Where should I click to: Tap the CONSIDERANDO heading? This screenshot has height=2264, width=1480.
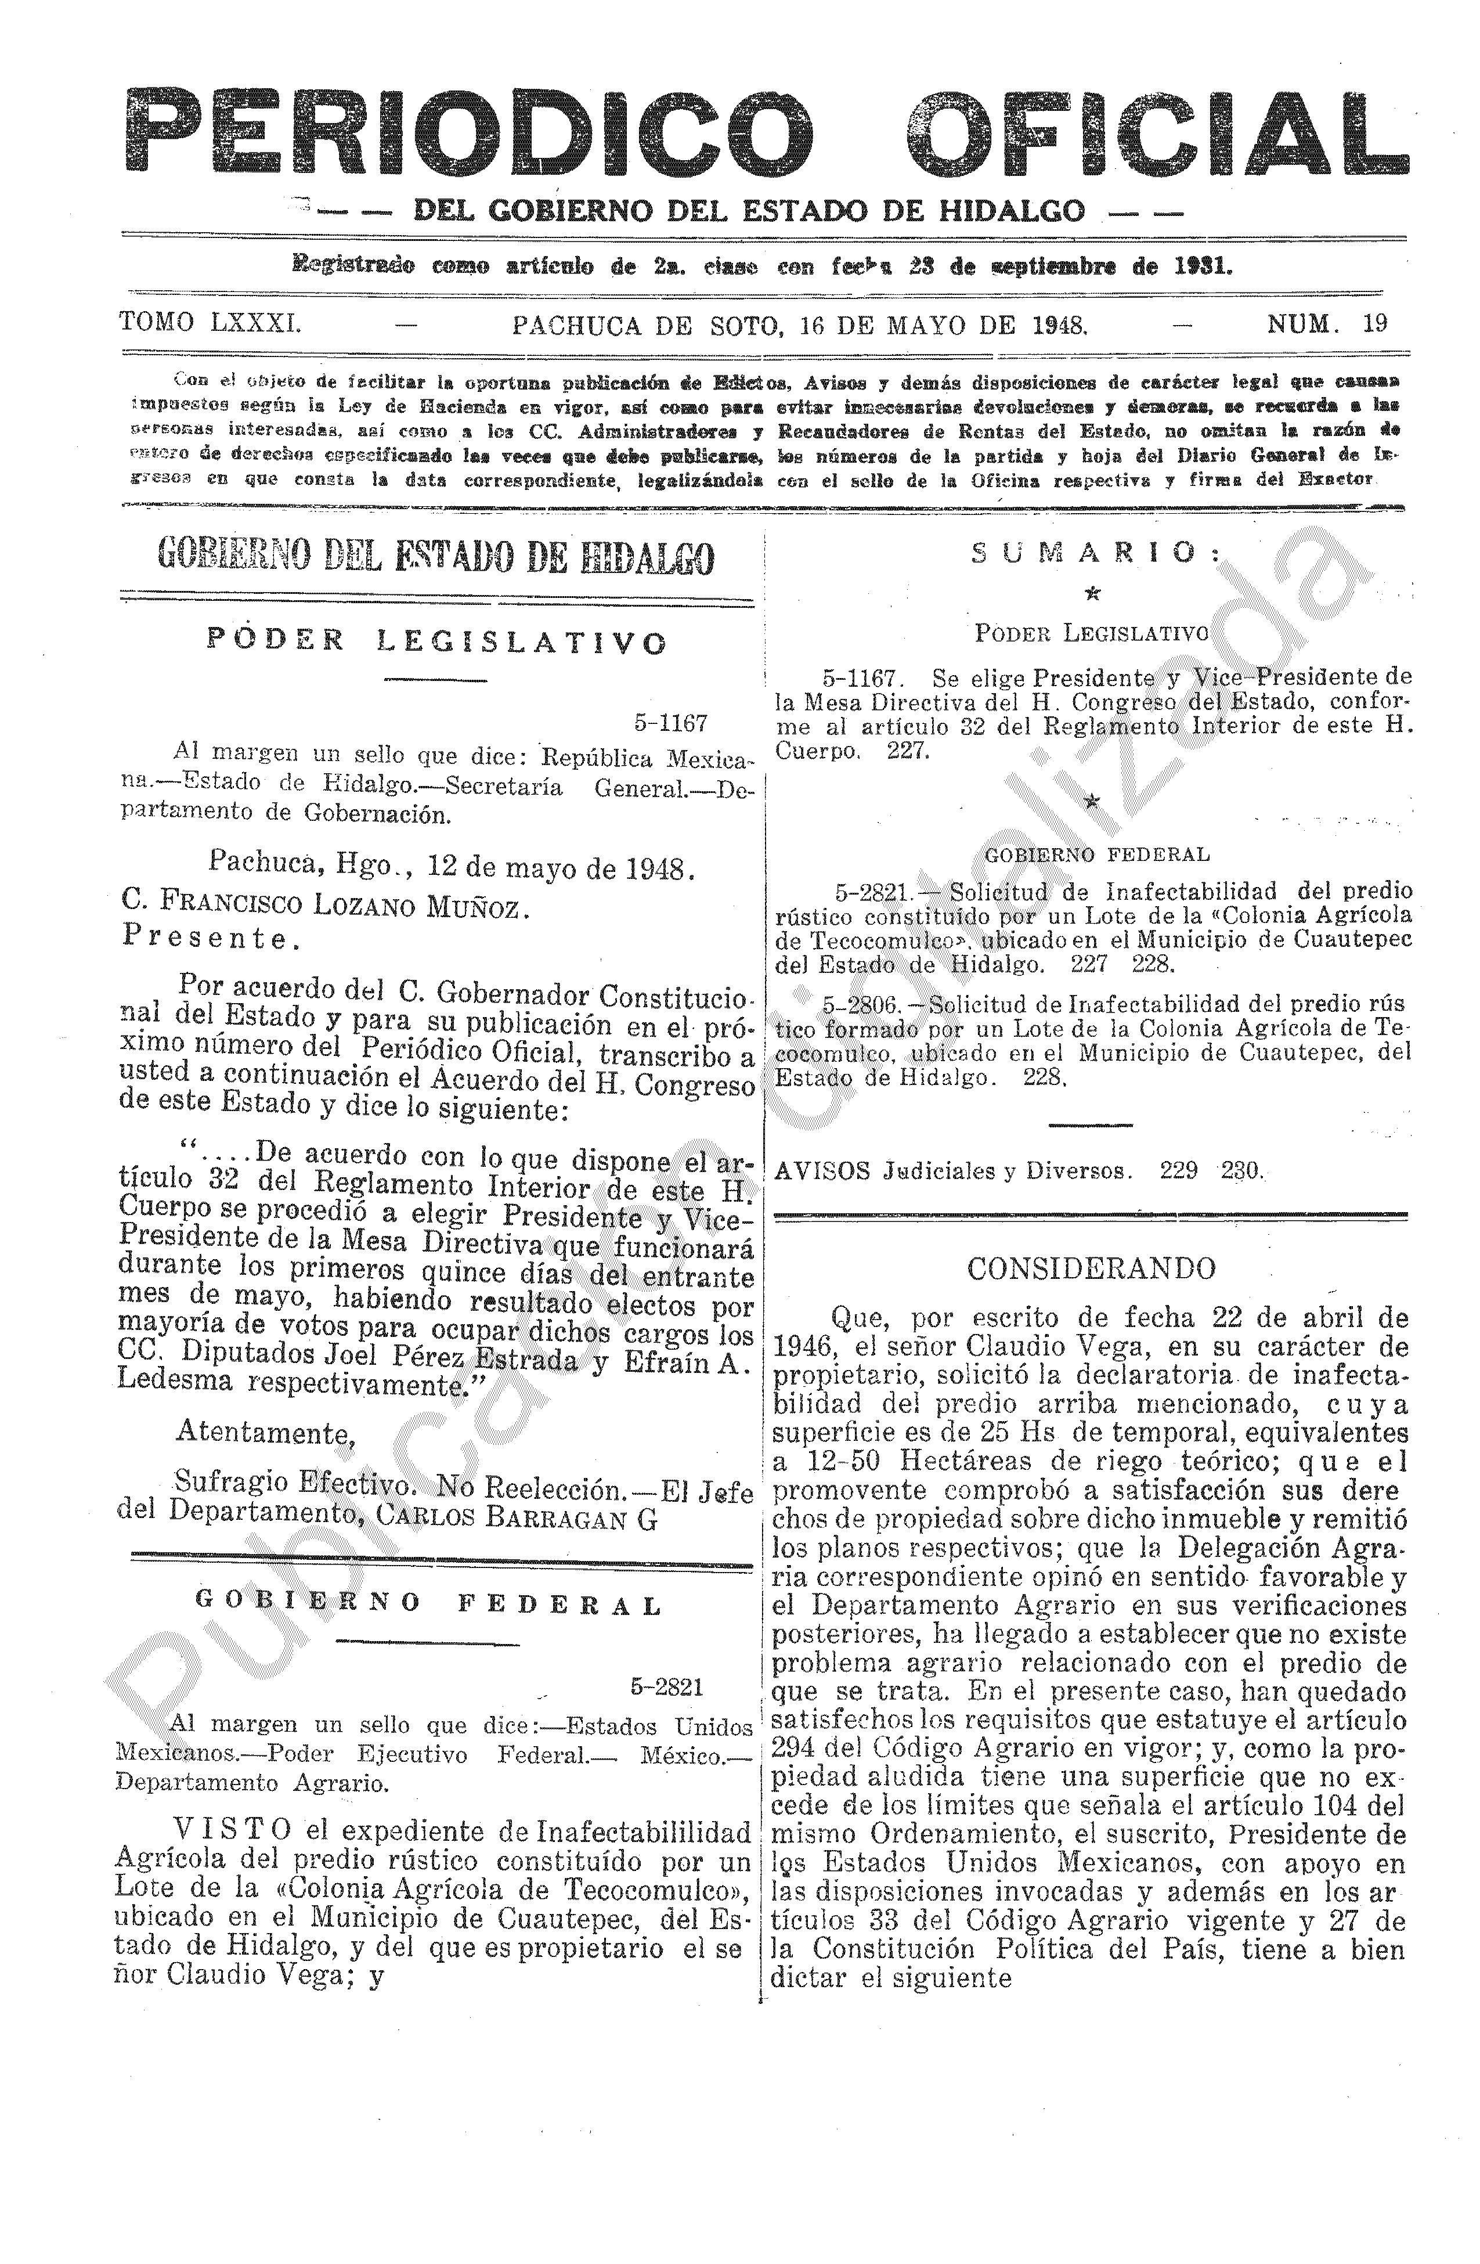point(1091,1268)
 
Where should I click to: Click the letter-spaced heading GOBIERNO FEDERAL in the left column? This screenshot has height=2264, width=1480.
point(427,1604)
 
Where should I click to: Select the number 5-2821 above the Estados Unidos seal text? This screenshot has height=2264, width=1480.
point(666,1686)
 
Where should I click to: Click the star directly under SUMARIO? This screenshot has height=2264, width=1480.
point(1092,594)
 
